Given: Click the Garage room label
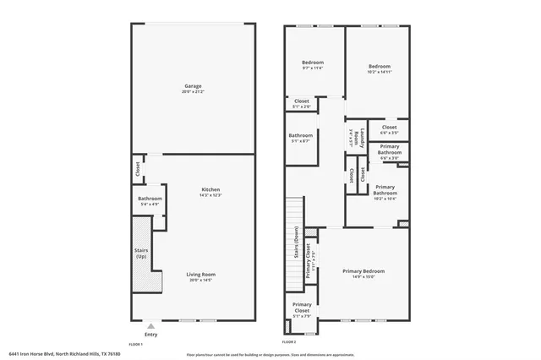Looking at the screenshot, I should [x=193, y=85].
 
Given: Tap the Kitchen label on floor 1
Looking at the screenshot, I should [x=210, y=189].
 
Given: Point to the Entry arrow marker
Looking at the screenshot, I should [x=150, y=325].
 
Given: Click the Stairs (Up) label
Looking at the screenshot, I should [x=141, y=253].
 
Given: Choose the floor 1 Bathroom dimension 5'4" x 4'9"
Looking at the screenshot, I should [x=150, y=204].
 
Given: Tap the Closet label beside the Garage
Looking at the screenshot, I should [x=137, y=169].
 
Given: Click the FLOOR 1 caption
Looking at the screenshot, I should [x=135, y=344].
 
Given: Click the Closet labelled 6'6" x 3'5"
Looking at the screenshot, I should [x=389, y=130].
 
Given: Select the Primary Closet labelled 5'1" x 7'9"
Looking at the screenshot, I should [x=301, y=308].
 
